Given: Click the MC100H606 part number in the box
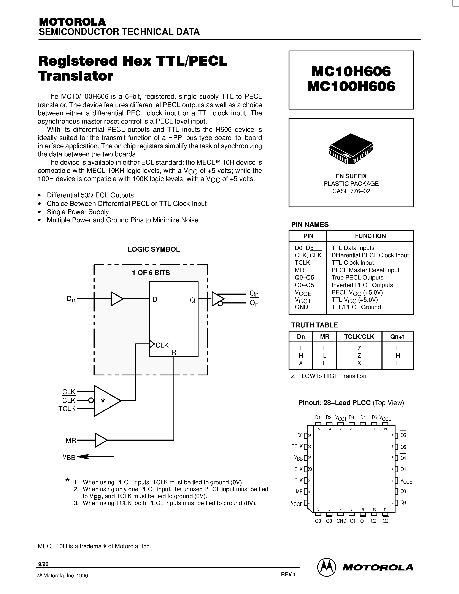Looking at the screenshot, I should [351, 87].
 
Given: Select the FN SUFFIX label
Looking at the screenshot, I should [351, 176].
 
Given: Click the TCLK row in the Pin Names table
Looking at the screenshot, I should [302, 263].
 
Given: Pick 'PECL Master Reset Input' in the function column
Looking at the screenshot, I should [365, 270].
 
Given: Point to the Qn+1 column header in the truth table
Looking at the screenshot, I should [397, 337].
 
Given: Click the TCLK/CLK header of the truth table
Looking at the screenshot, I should [359, 337].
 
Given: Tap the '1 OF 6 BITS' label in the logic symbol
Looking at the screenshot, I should [151, 273].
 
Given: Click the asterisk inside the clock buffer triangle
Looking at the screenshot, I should [103, 401].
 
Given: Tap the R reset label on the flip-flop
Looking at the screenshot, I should [174, 353].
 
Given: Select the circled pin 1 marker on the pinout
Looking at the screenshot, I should [310, 469].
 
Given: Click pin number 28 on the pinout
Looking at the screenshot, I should [310, 458].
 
